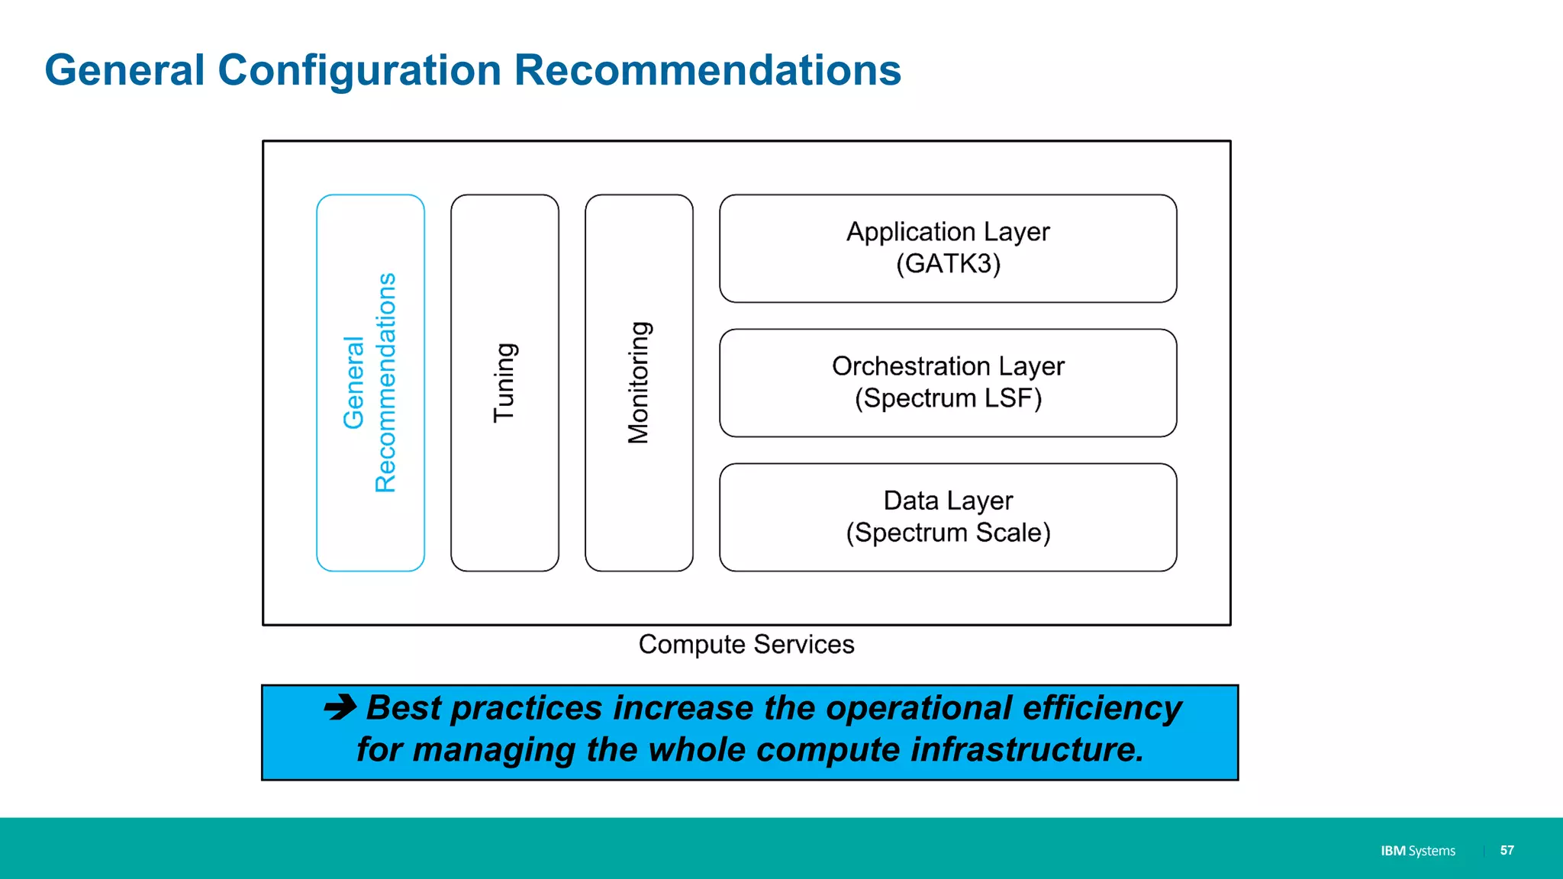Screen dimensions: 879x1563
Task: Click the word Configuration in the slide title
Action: coord(359,70)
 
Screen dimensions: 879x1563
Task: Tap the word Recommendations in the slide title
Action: coord(707,70)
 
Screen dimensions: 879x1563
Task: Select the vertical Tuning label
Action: coord(504,382)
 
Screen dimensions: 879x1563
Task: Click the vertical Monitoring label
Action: coord(639,382)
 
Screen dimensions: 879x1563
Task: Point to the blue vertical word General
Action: coord(353,382)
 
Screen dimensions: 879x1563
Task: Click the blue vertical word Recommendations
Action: coord(386,382)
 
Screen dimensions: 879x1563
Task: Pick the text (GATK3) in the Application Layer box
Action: coord(948,264)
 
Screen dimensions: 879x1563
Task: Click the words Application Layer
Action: coord(948,231)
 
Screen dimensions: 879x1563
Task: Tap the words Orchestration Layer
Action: coord(948,366)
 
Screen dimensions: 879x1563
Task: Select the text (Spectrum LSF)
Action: coord(948,398)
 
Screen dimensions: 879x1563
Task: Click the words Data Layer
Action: coord(948,501)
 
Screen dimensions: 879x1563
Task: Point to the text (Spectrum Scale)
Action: coord(948,533)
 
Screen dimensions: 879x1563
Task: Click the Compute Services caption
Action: coord(746,645)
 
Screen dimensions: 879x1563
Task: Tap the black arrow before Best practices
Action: coord(340,707)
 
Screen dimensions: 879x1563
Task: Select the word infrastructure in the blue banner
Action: coord(1027,749)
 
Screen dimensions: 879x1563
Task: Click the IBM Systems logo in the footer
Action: coord(1417,851)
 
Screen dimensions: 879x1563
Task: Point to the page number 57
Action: coord(1507,850)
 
